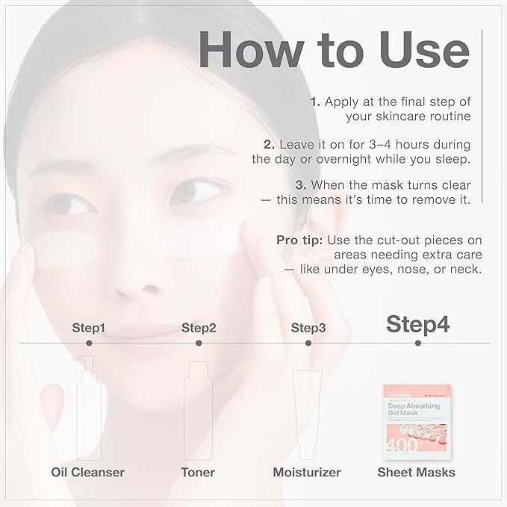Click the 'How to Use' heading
(335, 50)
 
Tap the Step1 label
(89, 328)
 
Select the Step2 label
(199, 328)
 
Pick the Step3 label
(308, 328)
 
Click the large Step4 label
(417, 325)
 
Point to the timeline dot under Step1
(89, 343)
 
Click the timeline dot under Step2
(199, 343)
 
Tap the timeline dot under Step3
(308, 343)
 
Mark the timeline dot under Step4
(417, 343)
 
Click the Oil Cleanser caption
(88, 472)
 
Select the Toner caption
(198, 472)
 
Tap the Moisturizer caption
(307, 472)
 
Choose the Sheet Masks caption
(417, 472)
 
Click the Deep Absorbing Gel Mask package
(417, 419)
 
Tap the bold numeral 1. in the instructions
(314, 102)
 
